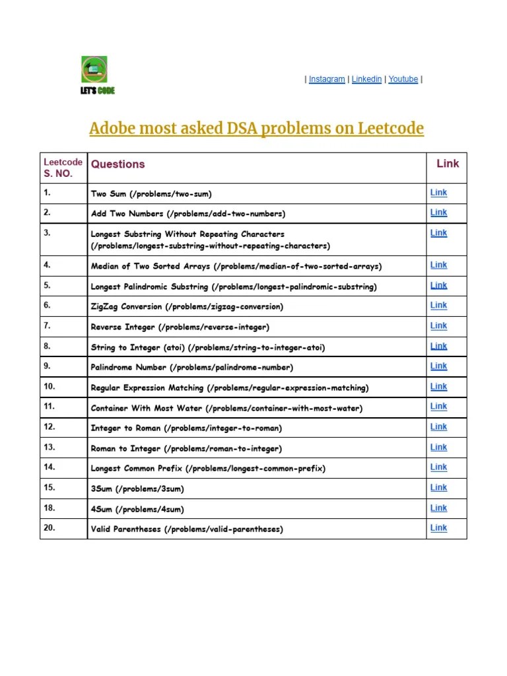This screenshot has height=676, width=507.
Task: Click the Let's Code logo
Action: point(96,75)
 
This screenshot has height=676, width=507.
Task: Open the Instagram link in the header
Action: point(327,79)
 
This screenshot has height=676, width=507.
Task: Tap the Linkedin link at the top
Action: point(366,79)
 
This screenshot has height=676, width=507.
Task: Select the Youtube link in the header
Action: point(403,79)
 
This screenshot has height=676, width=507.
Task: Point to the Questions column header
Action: point(118,164)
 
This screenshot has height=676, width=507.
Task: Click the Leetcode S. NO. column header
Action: point(63,168)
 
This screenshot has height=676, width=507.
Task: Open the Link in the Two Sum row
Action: point(438,193)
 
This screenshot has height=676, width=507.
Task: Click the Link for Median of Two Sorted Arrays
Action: point(438,265)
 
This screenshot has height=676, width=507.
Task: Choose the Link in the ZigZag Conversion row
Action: point(438,306)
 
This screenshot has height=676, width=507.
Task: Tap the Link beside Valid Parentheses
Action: point(438,528)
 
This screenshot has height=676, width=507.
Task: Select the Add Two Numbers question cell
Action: point(188,214)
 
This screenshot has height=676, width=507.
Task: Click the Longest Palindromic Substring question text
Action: point(234,287)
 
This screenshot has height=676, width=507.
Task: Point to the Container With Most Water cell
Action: point(226,409)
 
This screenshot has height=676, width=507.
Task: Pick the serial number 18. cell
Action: point(50,508)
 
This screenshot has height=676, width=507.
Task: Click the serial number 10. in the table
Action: point(50,387)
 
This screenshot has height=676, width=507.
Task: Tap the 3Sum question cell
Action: point(137,489)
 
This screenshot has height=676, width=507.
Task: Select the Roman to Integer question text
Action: point(186,449)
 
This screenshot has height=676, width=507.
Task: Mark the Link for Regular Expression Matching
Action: point(438,387)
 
